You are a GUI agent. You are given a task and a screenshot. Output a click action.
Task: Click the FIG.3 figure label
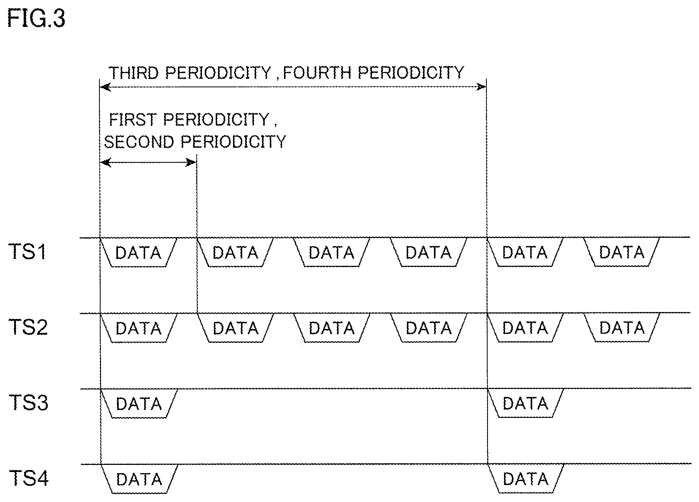(36, 19)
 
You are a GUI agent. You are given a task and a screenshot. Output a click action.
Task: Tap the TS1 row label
(28, 252)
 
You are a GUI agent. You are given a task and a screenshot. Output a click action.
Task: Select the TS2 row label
(28, 327)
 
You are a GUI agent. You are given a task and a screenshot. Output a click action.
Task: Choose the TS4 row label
(28, 479)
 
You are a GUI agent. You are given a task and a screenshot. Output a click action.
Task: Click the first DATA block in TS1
(139, 252)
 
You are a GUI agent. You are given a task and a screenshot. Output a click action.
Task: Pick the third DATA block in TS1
(332, 252)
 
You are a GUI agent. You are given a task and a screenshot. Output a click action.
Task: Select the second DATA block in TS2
(235, 328)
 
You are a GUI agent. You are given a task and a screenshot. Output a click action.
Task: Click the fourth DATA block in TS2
(428, 328)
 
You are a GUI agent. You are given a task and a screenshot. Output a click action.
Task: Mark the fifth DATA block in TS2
(525, 328)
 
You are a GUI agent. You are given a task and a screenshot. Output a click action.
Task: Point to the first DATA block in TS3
(139, 404)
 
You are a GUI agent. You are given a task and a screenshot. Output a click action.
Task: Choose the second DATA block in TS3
(525, 404)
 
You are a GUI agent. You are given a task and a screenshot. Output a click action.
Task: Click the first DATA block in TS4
(139, 479)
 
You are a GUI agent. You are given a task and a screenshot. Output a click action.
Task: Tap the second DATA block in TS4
(525, 479)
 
